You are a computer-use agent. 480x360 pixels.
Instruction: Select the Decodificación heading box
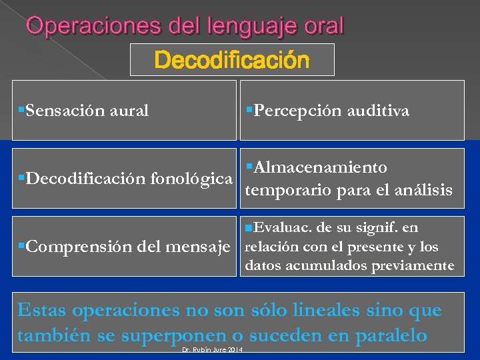click(x=232, y=61)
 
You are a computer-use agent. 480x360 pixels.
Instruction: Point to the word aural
click(x=131, y=111)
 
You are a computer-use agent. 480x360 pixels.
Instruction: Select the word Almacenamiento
click(x=320, y=167)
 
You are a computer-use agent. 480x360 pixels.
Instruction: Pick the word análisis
click(x=424, y=190)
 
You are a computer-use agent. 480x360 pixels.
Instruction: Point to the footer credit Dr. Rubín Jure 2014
click(x=212, y=350)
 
